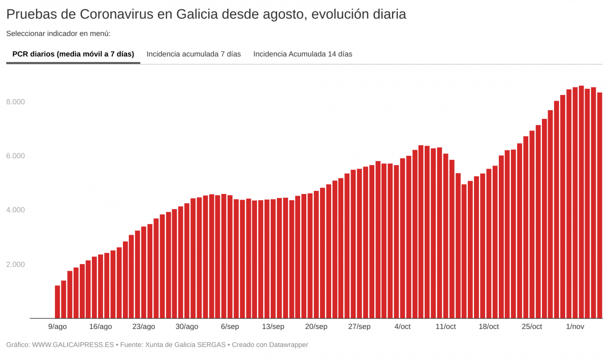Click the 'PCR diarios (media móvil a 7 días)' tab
click(73, 54)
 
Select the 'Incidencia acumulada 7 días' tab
click(194, 54)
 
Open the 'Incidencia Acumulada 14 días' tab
click(303, 54)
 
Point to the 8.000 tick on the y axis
click(15, 102)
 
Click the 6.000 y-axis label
click(15, 156)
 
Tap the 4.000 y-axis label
click(15, 210)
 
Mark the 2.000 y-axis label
click(15, 265)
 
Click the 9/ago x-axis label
click(57, 326)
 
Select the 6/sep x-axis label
click(230, 326)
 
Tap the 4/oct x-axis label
click(402, 326)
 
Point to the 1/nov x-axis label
click(575, 326)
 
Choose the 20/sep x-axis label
click(316, 326)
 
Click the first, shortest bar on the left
click(57, 302)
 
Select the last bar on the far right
click(599, 206)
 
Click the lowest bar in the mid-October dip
click(464, 251)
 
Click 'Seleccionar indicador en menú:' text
click(58, 34)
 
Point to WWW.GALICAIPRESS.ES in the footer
click(73, 345)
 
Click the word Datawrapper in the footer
click(287, 345)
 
